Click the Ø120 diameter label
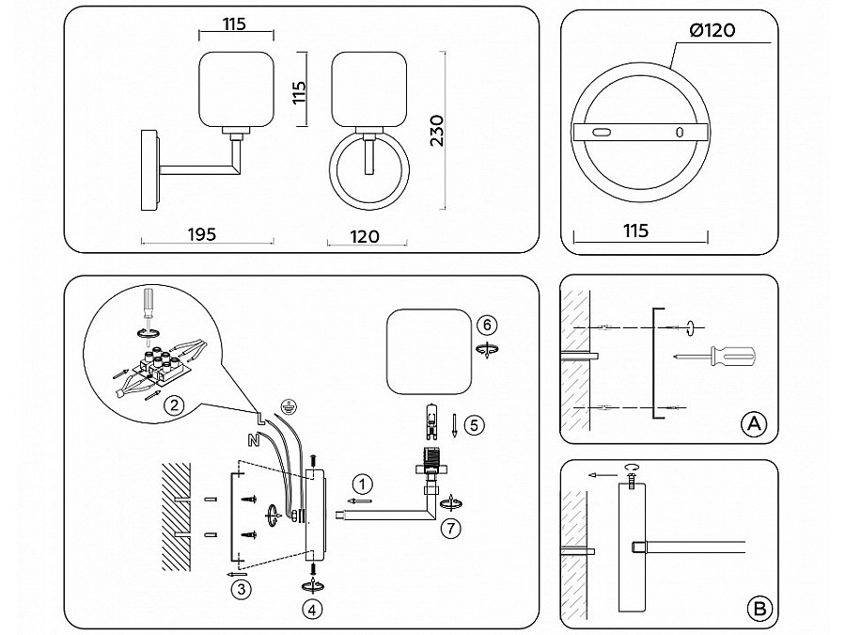coord(712,31)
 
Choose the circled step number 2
coord(171,407)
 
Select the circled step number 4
coord(312,608)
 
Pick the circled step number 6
coord(485,324)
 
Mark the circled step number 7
coord(451,528)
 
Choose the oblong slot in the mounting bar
coord(602,133)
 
